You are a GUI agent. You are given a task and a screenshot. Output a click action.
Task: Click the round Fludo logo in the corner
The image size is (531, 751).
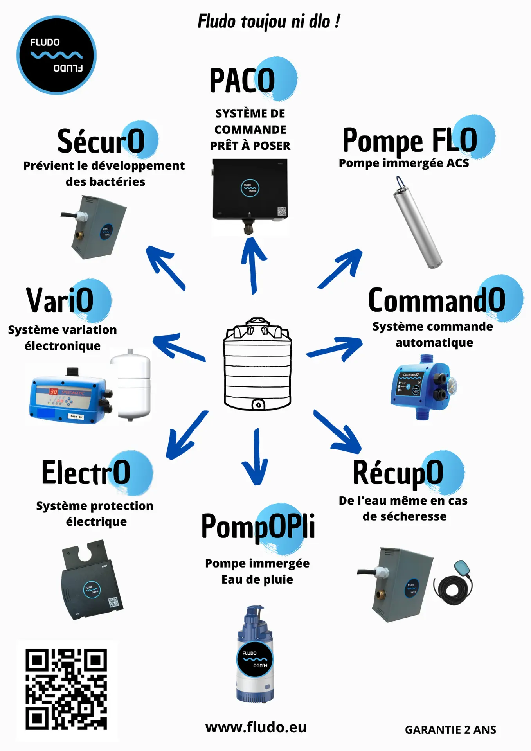[x=56, y=55]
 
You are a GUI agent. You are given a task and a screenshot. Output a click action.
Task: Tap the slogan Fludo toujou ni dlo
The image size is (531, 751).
[x=268, y=21]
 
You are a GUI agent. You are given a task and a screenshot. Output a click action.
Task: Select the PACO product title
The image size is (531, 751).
[x=243, y=81]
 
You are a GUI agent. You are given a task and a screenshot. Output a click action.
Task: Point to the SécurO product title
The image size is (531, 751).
[x=101, y=141]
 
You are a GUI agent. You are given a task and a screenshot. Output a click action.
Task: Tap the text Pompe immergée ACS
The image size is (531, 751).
[x=403, y=163]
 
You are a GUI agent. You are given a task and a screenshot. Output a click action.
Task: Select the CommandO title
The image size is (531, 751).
[x=436, y=300]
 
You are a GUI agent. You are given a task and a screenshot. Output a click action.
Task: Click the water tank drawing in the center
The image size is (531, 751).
[x=257, y=365]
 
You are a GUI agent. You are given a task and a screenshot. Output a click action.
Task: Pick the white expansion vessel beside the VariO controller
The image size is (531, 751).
[x=130, y=385]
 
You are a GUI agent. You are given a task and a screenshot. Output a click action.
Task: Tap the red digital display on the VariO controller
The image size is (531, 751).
[x=54, y=391]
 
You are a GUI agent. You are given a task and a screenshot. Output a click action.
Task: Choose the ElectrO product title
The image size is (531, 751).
[x=86, y=473]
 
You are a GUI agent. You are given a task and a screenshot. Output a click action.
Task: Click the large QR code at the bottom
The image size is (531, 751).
[x=67, y=689]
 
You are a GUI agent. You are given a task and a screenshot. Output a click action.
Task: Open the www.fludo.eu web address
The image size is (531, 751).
[x=256, y=728]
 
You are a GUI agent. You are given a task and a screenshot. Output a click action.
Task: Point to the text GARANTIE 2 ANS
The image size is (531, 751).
[x=450, y=730]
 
